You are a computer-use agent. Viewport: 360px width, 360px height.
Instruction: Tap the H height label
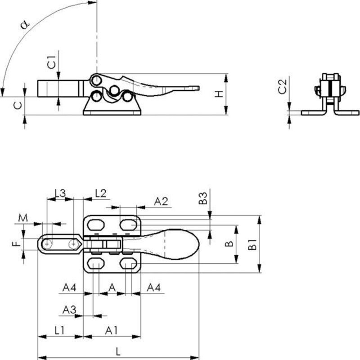click(x=218, y=94)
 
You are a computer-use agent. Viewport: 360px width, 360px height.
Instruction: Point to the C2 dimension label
click(x=282, y=86)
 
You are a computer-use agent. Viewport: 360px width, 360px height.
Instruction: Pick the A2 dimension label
click(x=161, y=201)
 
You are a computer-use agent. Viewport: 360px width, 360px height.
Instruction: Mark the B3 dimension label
click(x=203, y=198)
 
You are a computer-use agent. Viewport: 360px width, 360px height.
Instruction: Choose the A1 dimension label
click(x=112, y=330)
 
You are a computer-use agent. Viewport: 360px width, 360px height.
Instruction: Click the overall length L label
click(x=117, y=351)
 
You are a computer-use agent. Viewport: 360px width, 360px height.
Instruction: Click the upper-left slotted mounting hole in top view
click(x=95, y=223)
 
